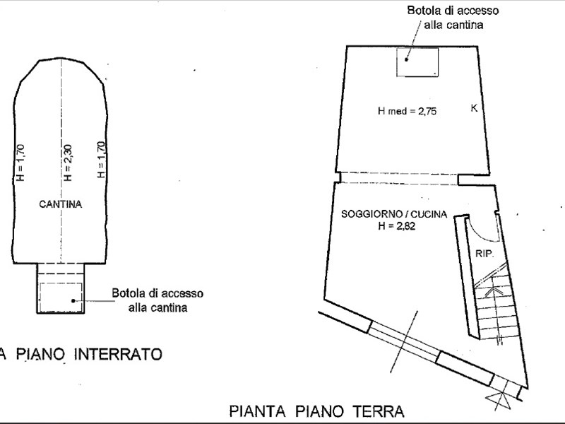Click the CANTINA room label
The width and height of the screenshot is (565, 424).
(x=61, y=204)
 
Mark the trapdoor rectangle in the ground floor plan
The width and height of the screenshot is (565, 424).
(x=417, y=62)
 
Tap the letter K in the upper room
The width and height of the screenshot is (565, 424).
(x=474, y=108)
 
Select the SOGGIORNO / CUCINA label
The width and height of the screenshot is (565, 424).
(x=393, y=214)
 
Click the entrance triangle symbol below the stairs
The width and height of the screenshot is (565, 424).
(x=502, y=401)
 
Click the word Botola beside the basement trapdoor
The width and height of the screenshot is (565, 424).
(x=129, y=293)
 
